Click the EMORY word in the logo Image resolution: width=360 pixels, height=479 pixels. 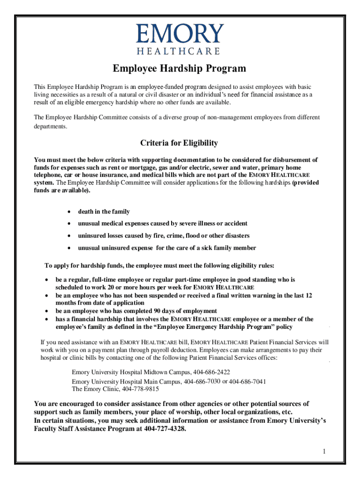click(180, 34)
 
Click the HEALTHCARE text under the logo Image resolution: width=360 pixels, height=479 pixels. click(180, 51)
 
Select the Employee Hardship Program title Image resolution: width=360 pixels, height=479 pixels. click(180, 69)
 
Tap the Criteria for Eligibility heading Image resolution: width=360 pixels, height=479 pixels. click(180, 143)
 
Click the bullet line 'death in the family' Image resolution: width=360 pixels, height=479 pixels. click(104, 212)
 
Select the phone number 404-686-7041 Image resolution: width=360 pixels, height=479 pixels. click(248, 381)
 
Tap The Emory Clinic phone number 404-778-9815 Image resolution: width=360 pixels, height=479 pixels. click(140, 389)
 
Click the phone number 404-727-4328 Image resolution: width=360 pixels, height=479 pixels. click(165, 429)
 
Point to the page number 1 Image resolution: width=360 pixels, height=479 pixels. click(323, 451)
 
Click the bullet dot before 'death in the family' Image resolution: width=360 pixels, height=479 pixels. click(69, 212)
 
